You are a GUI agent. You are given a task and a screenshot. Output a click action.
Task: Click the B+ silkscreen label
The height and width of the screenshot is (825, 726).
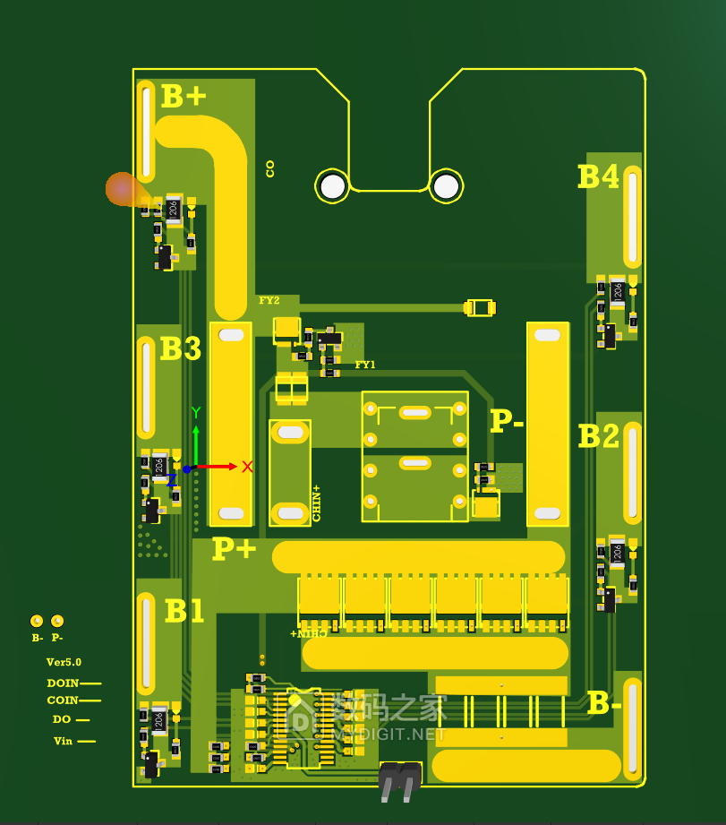(x=184, y=97)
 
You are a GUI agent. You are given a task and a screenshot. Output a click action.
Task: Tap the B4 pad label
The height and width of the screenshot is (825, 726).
(x=598, y=176)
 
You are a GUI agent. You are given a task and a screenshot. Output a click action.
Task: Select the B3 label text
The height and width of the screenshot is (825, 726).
(x=181, y=348)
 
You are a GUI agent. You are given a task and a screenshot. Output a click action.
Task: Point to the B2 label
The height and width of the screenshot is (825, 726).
(x=598, y=436)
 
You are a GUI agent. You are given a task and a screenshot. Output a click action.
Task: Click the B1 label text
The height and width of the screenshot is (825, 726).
(x=184, y=611)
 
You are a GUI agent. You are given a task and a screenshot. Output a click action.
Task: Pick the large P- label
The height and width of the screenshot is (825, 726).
(x=507, y=421)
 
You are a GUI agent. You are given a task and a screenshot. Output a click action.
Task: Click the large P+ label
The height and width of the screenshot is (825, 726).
(x=234, y=548)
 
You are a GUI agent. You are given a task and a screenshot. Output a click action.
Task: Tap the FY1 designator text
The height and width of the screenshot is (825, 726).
(x=365, y=365)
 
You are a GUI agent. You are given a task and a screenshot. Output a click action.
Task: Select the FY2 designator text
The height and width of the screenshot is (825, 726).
(x=269, y=300)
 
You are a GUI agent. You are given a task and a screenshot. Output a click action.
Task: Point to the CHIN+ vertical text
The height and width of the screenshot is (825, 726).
(x=316, y=503)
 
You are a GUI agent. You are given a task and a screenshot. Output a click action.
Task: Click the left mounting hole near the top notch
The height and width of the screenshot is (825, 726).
(x=333, y=186)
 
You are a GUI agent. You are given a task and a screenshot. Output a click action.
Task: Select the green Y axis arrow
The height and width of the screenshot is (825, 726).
(x=195, y=434)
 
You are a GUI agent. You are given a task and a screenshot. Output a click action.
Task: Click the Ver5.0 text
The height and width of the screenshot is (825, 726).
(x=64, y=662)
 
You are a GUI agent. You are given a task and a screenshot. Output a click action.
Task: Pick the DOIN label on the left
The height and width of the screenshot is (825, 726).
(x=63, y=683)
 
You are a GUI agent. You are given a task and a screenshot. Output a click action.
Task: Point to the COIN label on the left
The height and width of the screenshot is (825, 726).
(x=63, y=700)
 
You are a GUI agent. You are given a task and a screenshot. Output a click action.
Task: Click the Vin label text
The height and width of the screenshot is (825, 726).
(x=63, y=741)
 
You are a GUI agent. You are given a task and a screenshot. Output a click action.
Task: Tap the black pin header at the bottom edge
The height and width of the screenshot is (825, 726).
(x=399, y=780)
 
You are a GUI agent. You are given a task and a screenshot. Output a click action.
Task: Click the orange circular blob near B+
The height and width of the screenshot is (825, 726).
(x=121, y=189)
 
